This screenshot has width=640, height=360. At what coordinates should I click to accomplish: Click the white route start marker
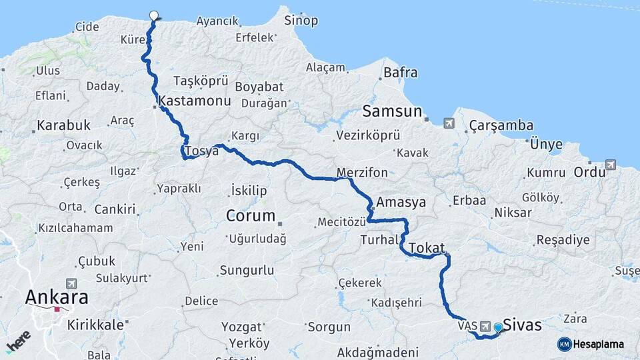click(154, 15)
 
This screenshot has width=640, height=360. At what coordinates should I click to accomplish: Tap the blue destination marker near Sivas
click(497, 327)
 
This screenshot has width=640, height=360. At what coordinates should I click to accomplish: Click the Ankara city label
click(57, 297)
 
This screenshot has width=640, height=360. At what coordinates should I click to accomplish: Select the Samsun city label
click(393, 111)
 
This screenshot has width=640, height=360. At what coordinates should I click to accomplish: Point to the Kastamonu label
click(195, 101)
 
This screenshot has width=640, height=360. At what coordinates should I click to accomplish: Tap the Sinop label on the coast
click(301, 21)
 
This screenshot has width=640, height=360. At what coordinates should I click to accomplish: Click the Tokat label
click(426, 248)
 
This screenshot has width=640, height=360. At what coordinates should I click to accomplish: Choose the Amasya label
click(401, 202)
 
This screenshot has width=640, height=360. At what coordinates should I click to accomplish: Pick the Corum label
click(251, 215)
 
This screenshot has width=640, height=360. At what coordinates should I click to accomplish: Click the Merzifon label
click(362, 173)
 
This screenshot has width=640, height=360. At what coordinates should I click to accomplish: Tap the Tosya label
click(203, 151)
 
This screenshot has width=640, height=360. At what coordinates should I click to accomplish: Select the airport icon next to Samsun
click(448, 123)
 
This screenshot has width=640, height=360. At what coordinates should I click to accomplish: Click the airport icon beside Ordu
click(611, 165)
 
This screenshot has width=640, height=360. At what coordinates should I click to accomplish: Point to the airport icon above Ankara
click(71, 283)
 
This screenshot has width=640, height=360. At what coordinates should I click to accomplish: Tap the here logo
click(18, 341)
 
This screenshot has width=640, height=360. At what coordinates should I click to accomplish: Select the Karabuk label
click(63, 125)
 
